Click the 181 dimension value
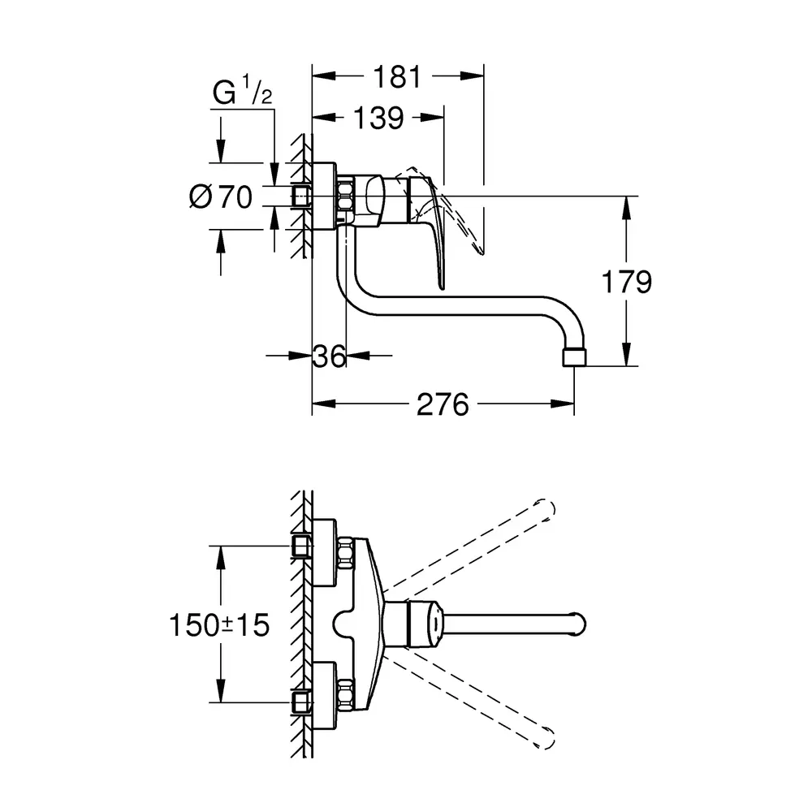tap(398, 77)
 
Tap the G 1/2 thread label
tap(242, 94)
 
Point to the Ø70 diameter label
tap(221, 197)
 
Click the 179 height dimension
tap(626, 282)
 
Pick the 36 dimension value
tap(330, 355)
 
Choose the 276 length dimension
tap(443, 404)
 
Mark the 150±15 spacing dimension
tap(219, 624)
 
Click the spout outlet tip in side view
tap(573, 358)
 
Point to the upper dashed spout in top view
tap(479, 543)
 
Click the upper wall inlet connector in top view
tap(300, 546)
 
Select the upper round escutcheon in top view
tap(324, 551)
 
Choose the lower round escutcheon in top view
tap(324, 697)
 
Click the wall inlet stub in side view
tap(303, 196)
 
